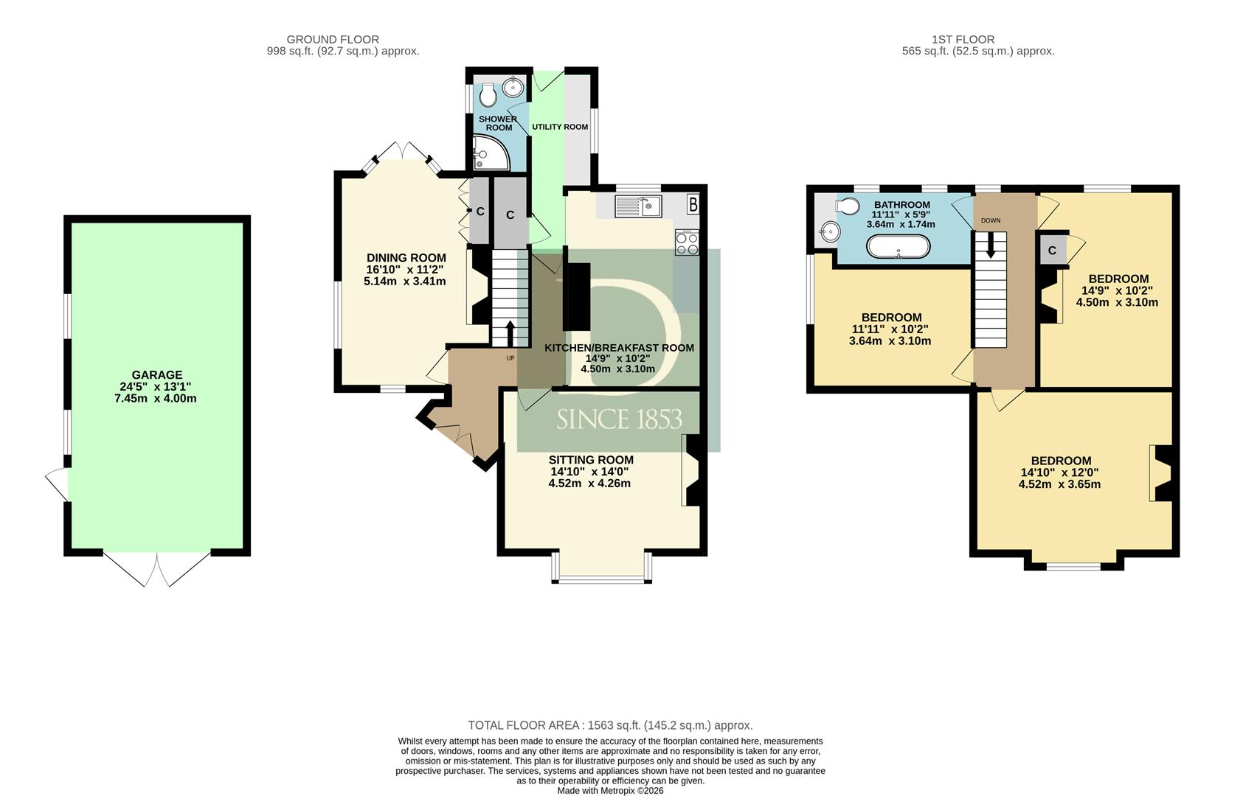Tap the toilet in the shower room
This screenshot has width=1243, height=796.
click(x=488, y=95)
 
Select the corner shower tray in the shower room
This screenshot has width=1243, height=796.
click(x=490, y=153)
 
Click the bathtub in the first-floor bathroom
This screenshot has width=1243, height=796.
click(x=898, y=247)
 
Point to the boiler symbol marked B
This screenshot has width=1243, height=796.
click(x=693, y=205)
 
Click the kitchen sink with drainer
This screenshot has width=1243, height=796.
click(x=638, y=206)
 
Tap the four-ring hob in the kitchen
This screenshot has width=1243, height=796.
click(x=687, y=242)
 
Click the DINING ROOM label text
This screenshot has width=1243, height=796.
click(x=406, y=258)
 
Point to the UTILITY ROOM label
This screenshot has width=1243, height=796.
click(x=560, y=127)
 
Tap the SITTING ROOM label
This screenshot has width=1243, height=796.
click(x=591, y=459)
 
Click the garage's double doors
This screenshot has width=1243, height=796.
click(x=157, y=568)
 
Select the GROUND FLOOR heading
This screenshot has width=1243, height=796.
click(x=333, y=39)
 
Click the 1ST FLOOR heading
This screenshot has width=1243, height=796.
click(x=963, y=39)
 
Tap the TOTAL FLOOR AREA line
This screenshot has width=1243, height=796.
click(x=610, y=725)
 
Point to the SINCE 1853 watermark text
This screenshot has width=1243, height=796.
click(x=619, y=419)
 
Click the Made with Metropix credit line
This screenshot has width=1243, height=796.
click(x=610, y=790)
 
